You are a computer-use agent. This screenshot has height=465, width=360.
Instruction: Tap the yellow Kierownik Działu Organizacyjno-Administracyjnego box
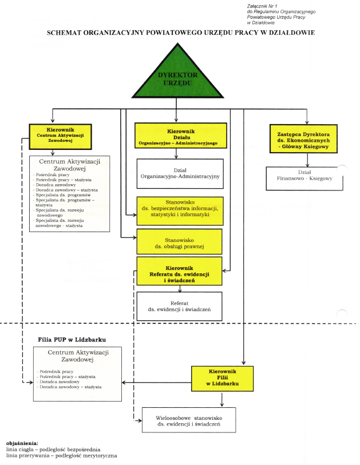(177, 136)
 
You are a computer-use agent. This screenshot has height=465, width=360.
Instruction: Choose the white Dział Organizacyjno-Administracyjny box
(180, 174)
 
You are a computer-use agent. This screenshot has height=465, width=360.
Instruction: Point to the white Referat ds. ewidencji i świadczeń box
(180, 305)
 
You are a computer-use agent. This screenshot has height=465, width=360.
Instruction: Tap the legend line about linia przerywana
(61, 456)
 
